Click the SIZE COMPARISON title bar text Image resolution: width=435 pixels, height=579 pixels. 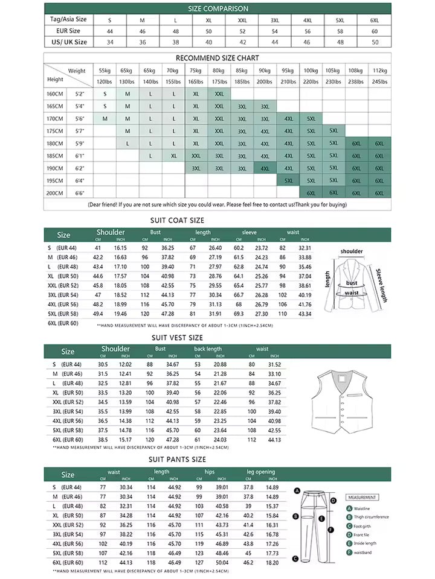pyautogui.click(x=217, y=9)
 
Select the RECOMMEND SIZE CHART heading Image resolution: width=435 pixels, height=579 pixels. pyautogui.click(x=217, y=58)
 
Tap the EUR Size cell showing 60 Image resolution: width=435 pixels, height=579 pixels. pyautogui.click(x=375, y=30)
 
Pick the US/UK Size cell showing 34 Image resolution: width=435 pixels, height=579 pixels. pyautogui.click(x=110, y=42)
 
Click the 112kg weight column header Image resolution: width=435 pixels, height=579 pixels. pyautogui.click(x=379, y=71)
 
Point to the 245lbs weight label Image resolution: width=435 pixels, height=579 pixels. pyautogui.click(x=379, y=81)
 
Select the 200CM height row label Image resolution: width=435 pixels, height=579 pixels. pyautogui.click(x=55, y=193)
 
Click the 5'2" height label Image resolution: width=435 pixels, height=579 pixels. pyautogui.click(x=80, y=94)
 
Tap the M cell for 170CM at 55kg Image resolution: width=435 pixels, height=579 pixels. pyautogui.click(x=105, y=118)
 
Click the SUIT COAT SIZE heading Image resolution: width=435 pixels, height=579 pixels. pyautogui.click(x=177, y=221)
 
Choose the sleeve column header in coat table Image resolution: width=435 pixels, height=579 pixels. pyautogui.click(x=249, y=232)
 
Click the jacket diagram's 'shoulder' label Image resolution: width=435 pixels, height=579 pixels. pyautogui.click(x=352, y=252)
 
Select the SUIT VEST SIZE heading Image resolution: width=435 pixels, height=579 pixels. pyautogui.click(x=178, y=338)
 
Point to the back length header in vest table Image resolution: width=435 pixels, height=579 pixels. pyautogui.click(x=208, y=349)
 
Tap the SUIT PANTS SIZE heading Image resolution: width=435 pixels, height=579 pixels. pyautogui.click(x=178, y=460)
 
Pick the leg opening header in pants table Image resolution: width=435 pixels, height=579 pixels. pyautogui.click(x=260, y=472)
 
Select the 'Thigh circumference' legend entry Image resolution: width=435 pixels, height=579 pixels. pyautogui.click(x=372, y=517)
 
